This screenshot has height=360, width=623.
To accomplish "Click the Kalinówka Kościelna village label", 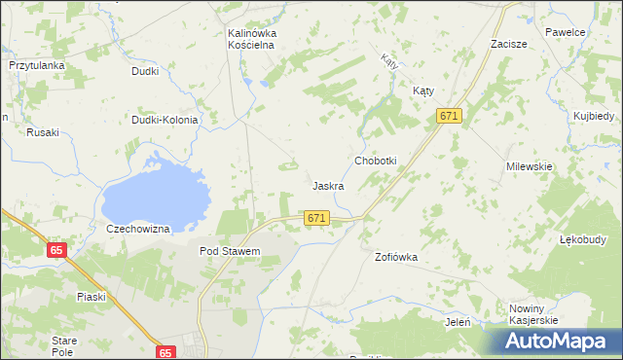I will tap(252, 39).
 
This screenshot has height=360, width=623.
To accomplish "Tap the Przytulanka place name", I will tap(36, 65).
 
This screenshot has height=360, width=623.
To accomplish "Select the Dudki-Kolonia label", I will tap(165, 121).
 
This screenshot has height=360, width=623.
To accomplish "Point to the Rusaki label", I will tap(43, 132).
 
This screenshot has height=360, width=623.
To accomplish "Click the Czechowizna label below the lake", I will tap(138, 229).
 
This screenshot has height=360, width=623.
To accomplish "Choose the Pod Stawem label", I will tap(230, 251).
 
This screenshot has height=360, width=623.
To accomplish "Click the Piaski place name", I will tap(91, 297).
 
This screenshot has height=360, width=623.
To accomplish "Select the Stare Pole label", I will tap(64, 345).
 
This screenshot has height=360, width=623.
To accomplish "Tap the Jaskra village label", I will tap(328, 185).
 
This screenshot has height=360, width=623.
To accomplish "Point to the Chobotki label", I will tap(375, 161).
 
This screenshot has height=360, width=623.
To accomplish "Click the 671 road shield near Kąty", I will tap(449, 117).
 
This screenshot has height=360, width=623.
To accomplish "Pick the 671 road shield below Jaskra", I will tap(315, 219).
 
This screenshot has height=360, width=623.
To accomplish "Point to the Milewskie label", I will tap(529, 166).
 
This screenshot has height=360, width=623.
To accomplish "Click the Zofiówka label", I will tap(396, 258).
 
